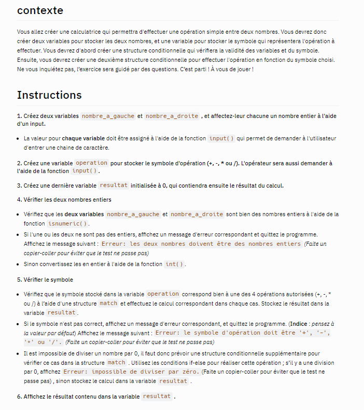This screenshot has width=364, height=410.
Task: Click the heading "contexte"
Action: (40, 10)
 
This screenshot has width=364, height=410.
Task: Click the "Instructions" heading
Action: (49, 95)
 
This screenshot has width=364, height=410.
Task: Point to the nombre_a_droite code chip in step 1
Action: (172, 116)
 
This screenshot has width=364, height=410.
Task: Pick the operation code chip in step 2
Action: (92, 163)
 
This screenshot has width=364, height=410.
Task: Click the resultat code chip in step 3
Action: (113, 186)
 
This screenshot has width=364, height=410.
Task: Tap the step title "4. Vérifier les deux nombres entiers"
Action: (64, 200)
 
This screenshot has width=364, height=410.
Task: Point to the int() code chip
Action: (174, 264)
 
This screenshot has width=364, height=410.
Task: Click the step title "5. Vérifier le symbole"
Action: (48, 280)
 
